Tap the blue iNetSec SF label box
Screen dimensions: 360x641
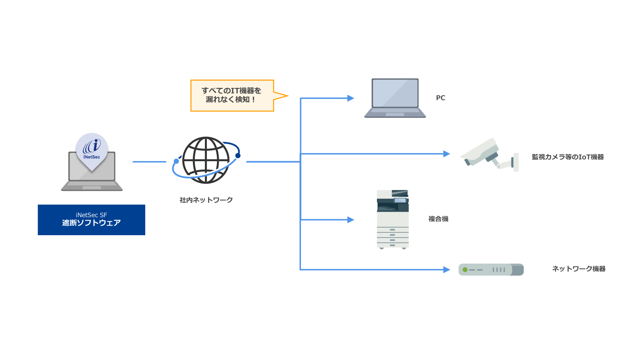(91, 220)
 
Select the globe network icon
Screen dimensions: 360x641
(206, 160)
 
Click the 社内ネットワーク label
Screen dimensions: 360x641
(206, 200)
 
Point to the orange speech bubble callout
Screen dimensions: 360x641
(232, 96)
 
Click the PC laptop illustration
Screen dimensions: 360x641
(395, 98)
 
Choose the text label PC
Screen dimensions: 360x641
(441, 98)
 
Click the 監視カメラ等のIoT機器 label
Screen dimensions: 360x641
(567, 157)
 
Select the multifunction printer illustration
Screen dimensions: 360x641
(393, 219)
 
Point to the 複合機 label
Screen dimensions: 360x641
(438, 219)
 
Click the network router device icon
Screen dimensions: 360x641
(491, 270)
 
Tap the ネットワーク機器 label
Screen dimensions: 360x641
(579, 269)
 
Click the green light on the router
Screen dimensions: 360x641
(465, 270)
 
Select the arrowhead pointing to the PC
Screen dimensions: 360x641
(351, 98)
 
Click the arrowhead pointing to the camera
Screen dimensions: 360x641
(447, 154)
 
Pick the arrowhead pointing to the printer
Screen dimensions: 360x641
(351, 220)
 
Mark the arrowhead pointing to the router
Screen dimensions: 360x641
(447, 270)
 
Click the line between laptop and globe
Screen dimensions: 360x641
(149, 162)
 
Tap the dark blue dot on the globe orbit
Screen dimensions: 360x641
(238, 156)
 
